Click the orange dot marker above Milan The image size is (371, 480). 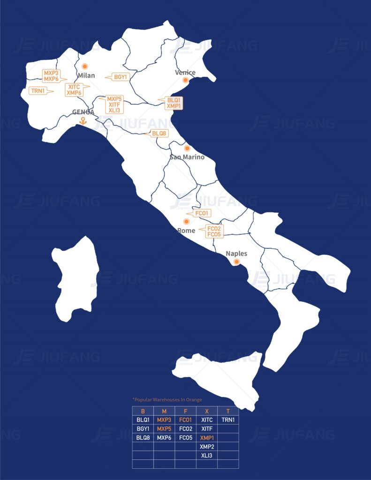(85, 66)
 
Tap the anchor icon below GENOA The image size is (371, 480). (83, 121)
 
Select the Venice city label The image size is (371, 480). (185, 73)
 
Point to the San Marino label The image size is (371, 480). (187, 157)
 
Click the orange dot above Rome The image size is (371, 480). (186, 221)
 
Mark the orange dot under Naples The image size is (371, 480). (237, 262)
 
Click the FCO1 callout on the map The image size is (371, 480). (203, 213)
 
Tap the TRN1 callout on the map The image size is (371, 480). (38, 91)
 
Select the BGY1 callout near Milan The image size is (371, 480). (121, 77)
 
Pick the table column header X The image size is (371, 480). (207, 411)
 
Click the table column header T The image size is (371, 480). (228, 411)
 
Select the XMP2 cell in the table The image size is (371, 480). (207, 447)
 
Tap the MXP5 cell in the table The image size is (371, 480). (164, 429)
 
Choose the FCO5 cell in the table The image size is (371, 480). (186, 438)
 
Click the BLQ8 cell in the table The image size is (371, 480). (143, 438)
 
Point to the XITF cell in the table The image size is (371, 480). (207, 429)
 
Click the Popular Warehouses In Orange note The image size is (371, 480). (167, 400)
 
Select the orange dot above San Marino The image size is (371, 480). (187, 148)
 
